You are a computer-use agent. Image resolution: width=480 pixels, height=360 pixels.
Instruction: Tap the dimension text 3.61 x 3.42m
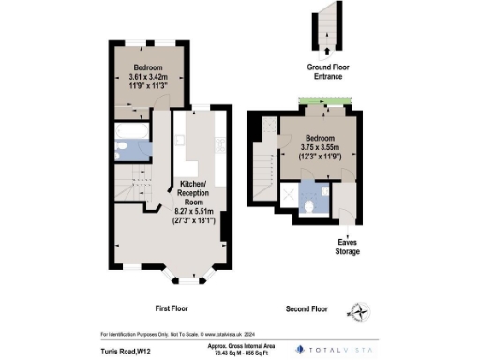(146, 80)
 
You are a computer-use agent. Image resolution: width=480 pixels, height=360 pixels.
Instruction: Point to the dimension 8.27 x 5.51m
(194, 212)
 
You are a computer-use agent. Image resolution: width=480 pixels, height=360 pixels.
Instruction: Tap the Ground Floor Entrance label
(324, 72)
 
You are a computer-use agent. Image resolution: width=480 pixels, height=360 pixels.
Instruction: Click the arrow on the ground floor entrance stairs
(325, 50)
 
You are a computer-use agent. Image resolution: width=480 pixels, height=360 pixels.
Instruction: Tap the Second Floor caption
(306, 307)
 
